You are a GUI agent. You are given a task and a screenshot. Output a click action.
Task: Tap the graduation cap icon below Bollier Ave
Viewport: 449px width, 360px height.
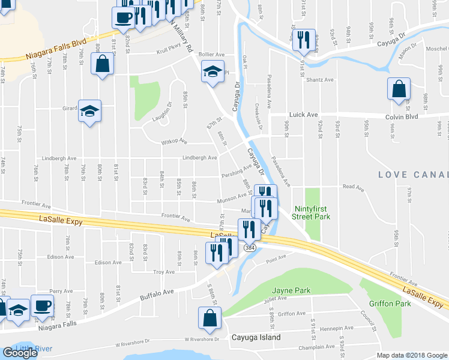click(212, 72)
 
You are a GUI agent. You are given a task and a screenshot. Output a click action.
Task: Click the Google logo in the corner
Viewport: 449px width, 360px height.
click(20, 353)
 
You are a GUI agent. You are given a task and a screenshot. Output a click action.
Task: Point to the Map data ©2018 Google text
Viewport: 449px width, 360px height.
click(412, 355)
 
